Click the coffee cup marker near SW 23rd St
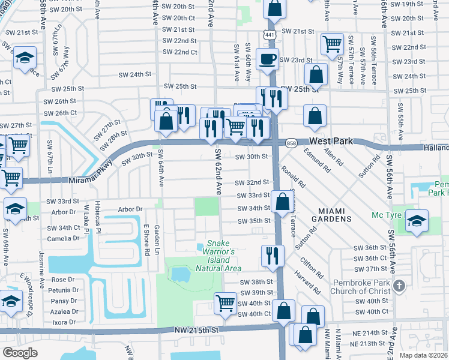267,59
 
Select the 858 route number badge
292,143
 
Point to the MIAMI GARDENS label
327,219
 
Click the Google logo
20,352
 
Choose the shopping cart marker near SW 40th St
225,302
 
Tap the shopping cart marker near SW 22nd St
331,43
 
